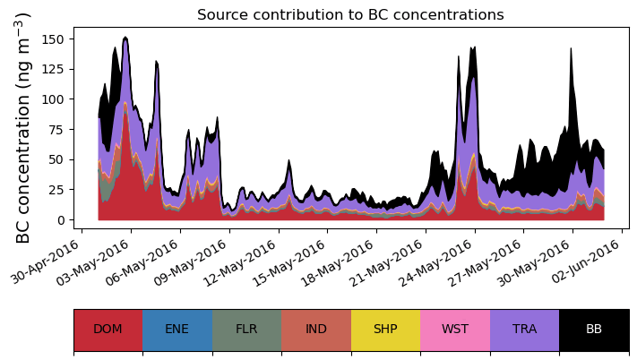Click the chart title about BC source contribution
click(x=350, y=15)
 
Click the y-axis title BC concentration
click(x=24, y=127)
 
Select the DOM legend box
click(x=108, y=329)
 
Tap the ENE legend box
click(x=177, y=329)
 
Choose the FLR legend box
click(x=246, y=329)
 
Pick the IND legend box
click(x=316, y=329)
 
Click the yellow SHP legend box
click(x=385, y=329)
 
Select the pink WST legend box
click(x=455, y=329)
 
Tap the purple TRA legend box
click(x=524, y=329)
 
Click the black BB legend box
click(x=594, y=329)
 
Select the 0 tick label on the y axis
click(x=60, y=220)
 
